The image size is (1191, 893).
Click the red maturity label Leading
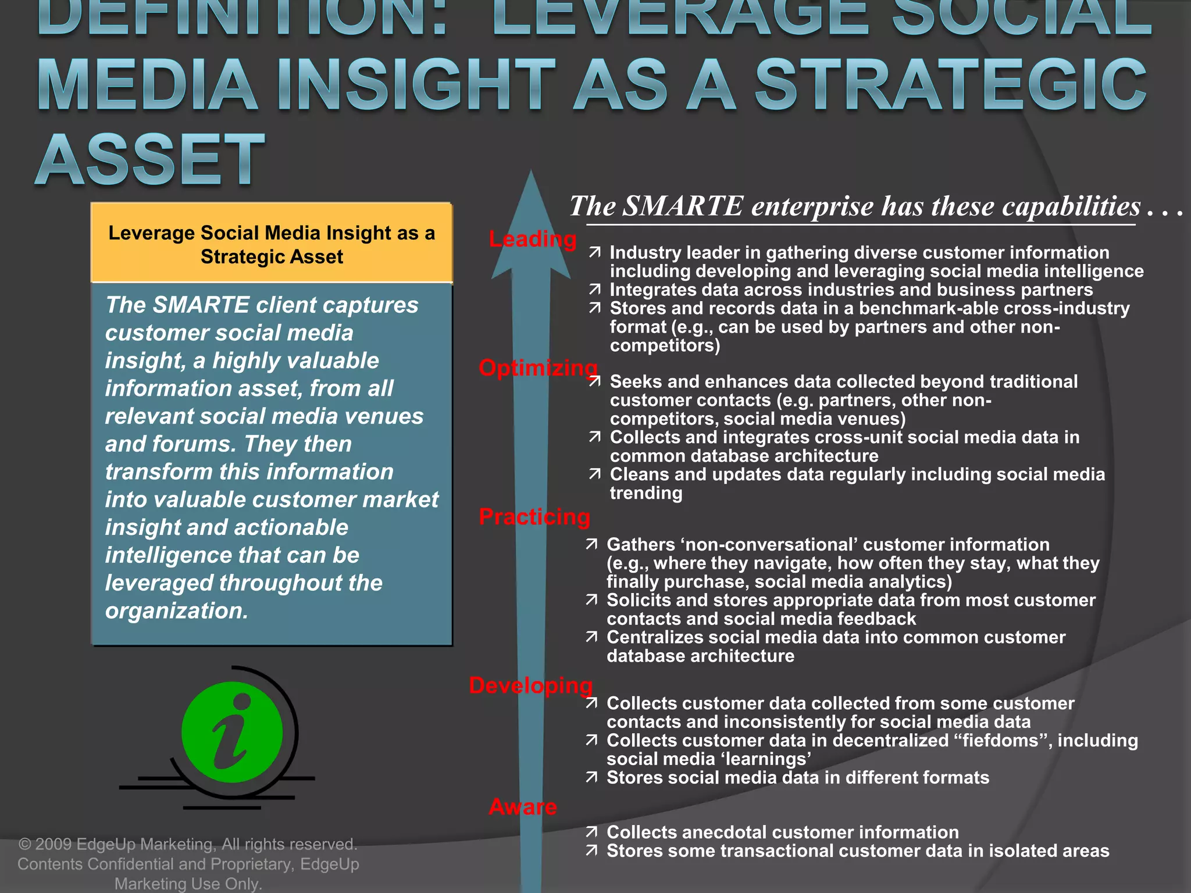pyautogui.click(x=533, y=239)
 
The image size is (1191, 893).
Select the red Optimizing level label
pyautogui.click(x=538, y=367)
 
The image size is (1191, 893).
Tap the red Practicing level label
pyautogui.click(x=534, y=517)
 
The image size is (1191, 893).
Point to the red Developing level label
pyautogui.click(x=530, y=685)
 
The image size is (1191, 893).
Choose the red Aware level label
pyautogui.click(x=523, y=806)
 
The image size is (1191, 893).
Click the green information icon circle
pyautogui.click(x=232, y=732)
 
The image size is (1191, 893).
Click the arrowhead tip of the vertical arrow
pyautogui.click(x=530, y=174)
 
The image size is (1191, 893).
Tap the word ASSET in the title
pyautogui.click(x=150, y=159)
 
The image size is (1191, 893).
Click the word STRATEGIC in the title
pyautogui.click(x=951, y=85)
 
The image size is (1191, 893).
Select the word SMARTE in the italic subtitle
pyautogui.click(x=682, y=206)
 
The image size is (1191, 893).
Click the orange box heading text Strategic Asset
pyautogui.click(x=272, y=257)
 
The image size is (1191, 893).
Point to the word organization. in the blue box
pyautogui.click(x=177, y=611)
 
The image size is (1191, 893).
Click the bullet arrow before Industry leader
pyautogui.click(x=594, y=253)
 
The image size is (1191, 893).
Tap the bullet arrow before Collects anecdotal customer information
pyautogui.click(x=591, y=833)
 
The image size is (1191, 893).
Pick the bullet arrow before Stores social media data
pyautogui.click(x=591, y=778)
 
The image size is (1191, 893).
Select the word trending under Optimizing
pyautogui.click(x=646, y=493)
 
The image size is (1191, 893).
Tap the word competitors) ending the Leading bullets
pyautogui.click(x=665, y=346)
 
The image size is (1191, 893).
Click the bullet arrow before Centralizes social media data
pyautogui.click(x=591, y=638)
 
